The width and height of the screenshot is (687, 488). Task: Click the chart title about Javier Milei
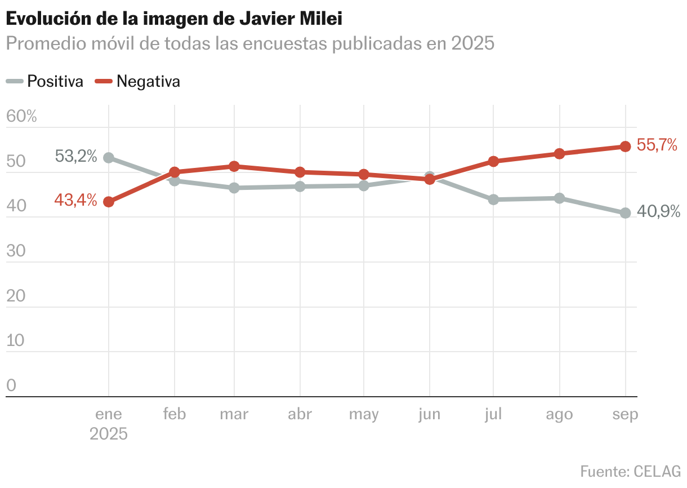pos(174,19)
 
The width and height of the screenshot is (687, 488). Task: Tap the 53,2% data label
pos(76,156)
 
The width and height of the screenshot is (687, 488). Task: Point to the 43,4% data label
pos(76,199)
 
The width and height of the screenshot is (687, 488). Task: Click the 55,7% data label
pos(657,145)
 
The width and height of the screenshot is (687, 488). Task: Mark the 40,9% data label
pos(658,212)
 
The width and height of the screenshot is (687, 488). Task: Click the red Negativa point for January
pos(109,202)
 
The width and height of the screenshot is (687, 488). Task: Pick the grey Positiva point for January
pos(109,158)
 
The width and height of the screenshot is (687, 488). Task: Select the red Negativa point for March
pos(234,166)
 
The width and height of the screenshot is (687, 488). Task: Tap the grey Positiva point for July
pos(493,199)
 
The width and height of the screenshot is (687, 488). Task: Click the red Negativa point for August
pos(559,154)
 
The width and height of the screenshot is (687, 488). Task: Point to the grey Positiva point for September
pos(625,213)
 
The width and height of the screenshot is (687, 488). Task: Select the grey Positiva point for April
pos(300,187)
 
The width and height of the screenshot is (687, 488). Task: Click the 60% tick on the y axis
pos(21,117)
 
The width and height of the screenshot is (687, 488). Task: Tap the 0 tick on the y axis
pos(11,385)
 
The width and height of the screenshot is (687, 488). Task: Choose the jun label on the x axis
pos(429,414)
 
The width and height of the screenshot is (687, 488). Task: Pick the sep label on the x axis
pos(625,414)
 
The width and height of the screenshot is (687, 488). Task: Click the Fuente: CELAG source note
pos(630,471)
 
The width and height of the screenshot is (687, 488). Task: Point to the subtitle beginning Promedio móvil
pos(250,43)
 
